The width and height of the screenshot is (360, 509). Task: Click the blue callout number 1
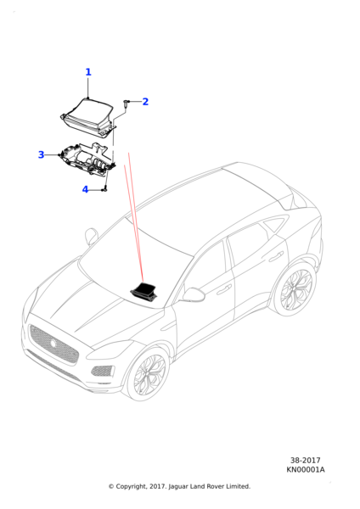(88, 72)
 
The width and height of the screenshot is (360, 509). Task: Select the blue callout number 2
(145, 102)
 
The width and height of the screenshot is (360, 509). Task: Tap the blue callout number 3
(41, 154)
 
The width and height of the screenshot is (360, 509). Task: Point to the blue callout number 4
(85, 189)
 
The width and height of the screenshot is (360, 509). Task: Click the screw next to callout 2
(126, 103)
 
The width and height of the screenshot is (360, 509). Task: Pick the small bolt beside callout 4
(104, 189)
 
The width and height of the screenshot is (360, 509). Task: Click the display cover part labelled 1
(87, 118)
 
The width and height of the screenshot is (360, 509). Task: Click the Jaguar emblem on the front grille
(53, 343)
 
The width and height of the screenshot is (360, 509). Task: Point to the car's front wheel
(148, 373)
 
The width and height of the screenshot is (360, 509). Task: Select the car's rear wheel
(295, 289)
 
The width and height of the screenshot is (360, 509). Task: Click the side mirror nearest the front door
(193, 294)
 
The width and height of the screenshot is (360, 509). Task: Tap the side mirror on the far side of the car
(92, 236)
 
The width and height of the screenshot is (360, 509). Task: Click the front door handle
(224, 289)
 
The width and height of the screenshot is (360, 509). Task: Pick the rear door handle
(277, 256)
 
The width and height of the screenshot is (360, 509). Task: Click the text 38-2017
(305, 461)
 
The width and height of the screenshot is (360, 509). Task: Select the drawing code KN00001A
(305, 469)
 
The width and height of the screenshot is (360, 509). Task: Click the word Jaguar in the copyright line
(177, 487)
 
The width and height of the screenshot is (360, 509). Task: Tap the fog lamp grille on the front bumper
(103, 371)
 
